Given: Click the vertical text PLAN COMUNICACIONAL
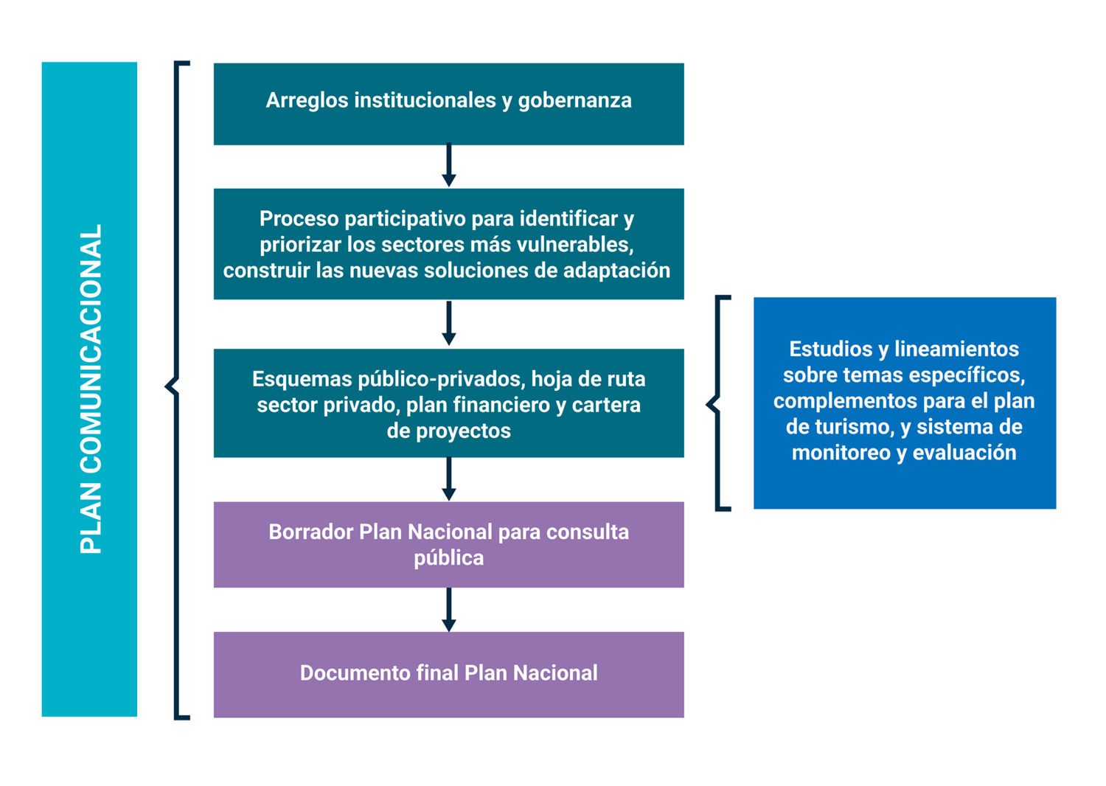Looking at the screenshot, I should tap(91, 389).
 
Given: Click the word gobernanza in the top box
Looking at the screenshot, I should tap(574, 100).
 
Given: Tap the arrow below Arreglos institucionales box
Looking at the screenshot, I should tap(448, 166).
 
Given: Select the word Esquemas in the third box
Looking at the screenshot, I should tap(302, 379).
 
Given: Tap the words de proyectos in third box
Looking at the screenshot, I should tap(448, 431).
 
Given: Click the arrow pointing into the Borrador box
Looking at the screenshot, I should tap(448, 480).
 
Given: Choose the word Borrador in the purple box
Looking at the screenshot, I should tap(310, 532).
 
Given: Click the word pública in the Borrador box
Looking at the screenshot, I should tap(448, 558).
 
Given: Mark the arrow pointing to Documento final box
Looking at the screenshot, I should tap(448, 611).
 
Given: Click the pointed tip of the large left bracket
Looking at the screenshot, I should tap(167, 386).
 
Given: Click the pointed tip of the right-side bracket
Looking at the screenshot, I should tap(709, 403).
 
